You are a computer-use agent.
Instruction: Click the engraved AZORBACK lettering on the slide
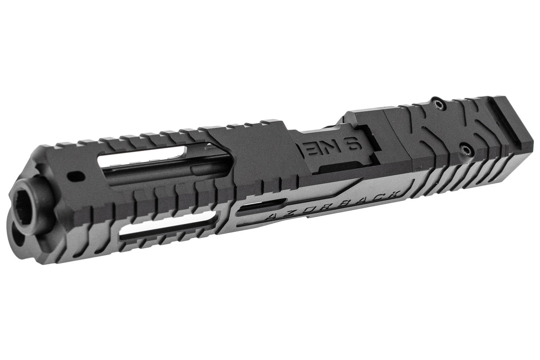tap(333, 205)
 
